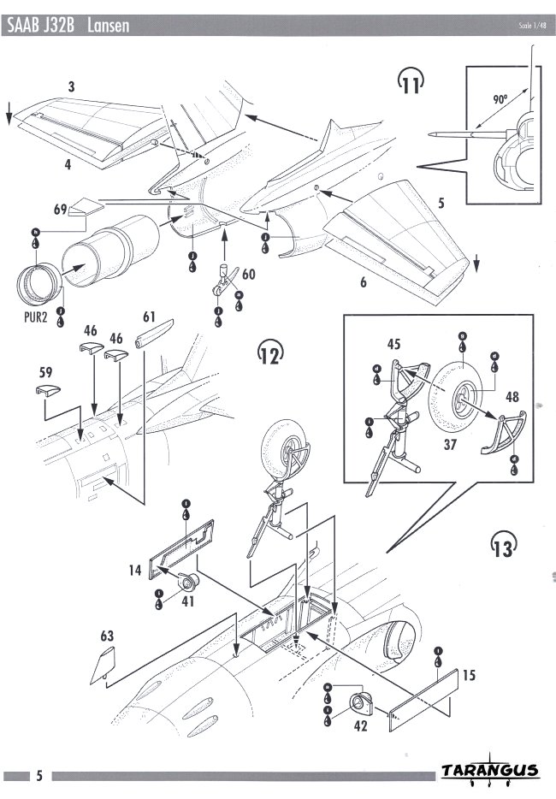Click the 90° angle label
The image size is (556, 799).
click(x=500, y=99)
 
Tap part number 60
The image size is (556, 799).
click(x=249, y=275)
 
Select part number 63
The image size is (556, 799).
click(x=107, y=636)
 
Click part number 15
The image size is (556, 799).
click(x=469, y=675)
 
